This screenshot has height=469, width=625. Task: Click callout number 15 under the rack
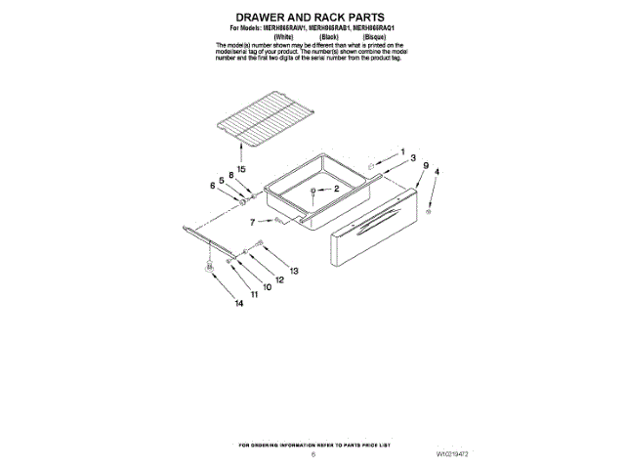(240, 152)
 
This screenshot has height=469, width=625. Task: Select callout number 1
(401, 152)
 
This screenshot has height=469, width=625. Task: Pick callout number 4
(437, 172)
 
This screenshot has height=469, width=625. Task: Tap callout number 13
(293, 270)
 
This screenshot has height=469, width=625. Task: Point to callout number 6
(213, 186)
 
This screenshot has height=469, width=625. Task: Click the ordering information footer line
(312, 445)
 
